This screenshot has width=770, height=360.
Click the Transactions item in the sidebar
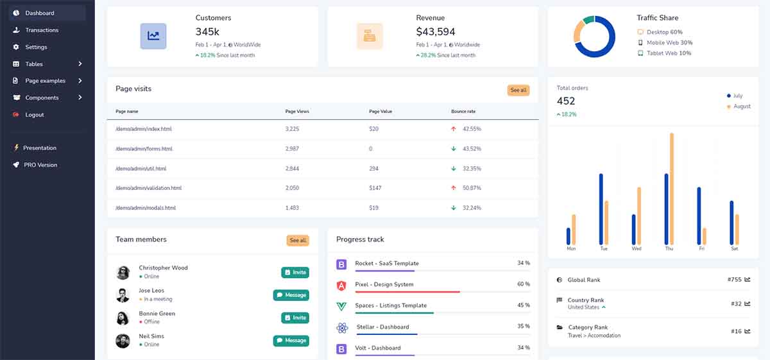pos(41,30)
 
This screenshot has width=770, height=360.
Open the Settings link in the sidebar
pos(36,47)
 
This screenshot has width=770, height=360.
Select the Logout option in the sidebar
pos(34,115)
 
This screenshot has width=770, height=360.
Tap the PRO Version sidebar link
pos(40,165)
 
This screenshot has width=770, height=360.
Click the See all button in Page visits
pos(518,90)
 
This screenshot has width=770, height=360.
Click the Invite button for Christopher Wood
pos(295,273)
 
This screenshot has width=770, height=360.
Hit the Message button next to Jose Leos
pos(291,295)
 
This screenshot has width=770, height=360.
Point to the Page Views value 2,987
pos(291,149)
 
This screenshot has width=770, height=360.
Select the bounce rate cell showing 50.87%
pos(472,188)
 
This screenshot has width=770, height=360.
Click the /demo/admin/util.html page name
pos(141,169)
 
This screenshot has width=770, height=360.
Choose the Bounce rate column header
pos(463,112)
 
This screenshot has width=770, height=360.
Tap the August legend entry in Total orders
pos(741,107)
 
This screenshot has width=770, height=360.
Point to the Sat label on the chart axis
pos(734,248)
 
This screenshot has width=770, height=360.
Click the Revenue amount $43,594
pos(435,31)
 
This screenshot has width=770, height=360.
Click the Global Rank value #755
pos(734,280)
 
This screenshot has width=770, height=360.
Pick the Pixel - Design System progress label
pos(384,284)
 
